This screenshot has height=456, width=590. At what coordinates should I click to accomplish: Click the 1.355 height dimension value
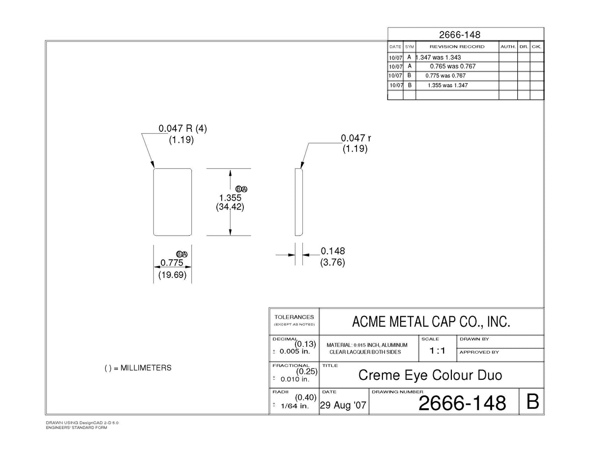tap(230, 198)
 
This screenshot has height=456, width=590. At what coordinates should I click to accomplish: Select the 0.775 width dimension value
tap(172, 263)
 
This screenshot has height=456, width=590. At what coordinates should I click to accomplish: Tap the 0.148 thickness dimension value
tap(332, 251)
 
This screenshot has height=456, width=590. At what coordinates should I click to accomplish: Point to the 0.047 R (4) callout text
tap(182, 128)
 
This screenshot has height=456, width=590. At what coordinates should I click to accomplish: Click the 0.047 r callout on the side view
tap(355, 138)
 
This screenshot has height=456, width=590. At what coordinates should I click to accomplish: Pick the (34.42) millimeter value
tap(230, 207)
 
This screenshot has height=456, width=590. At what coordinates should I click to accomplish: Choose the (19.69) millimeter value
tap(173, 275)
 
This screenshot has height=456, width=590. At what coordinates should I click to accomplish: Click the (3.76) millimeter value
tap(332, 262)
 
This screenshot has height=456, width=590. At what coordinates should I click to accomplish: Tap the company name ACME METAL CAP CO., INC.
tap(431, 322)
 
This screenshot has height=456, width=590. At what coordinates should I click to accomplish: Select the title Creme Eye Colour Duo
tap(430, 375)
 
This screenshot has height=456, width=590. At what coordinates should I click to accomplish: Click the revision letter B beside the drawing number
tap(532, 402)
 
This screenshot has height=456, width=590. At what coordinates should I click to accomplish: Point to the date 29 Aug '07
tap(343, 405)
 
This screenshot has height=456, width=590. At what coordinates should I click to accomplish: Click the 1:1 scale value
tap(437, 351)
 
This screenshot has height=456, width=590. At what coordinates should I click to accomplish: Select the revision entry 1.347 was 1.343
tap(438, 57)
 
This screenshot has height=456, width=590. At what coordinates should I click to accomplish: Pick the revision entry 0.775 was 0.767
tap(445, 75)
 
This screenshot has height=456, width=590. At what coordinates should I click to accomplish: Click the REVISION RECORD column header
tap(457, 47)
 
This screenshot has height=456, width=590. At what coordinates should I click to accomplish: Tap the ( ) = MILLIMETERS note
tap(138, 368)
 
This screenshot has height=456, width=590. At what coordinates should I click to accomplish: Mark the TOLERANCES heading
tap(294, 317)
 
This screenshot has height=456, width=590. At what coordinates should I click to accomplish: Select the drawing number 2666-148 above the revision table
tap(460, 35)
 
